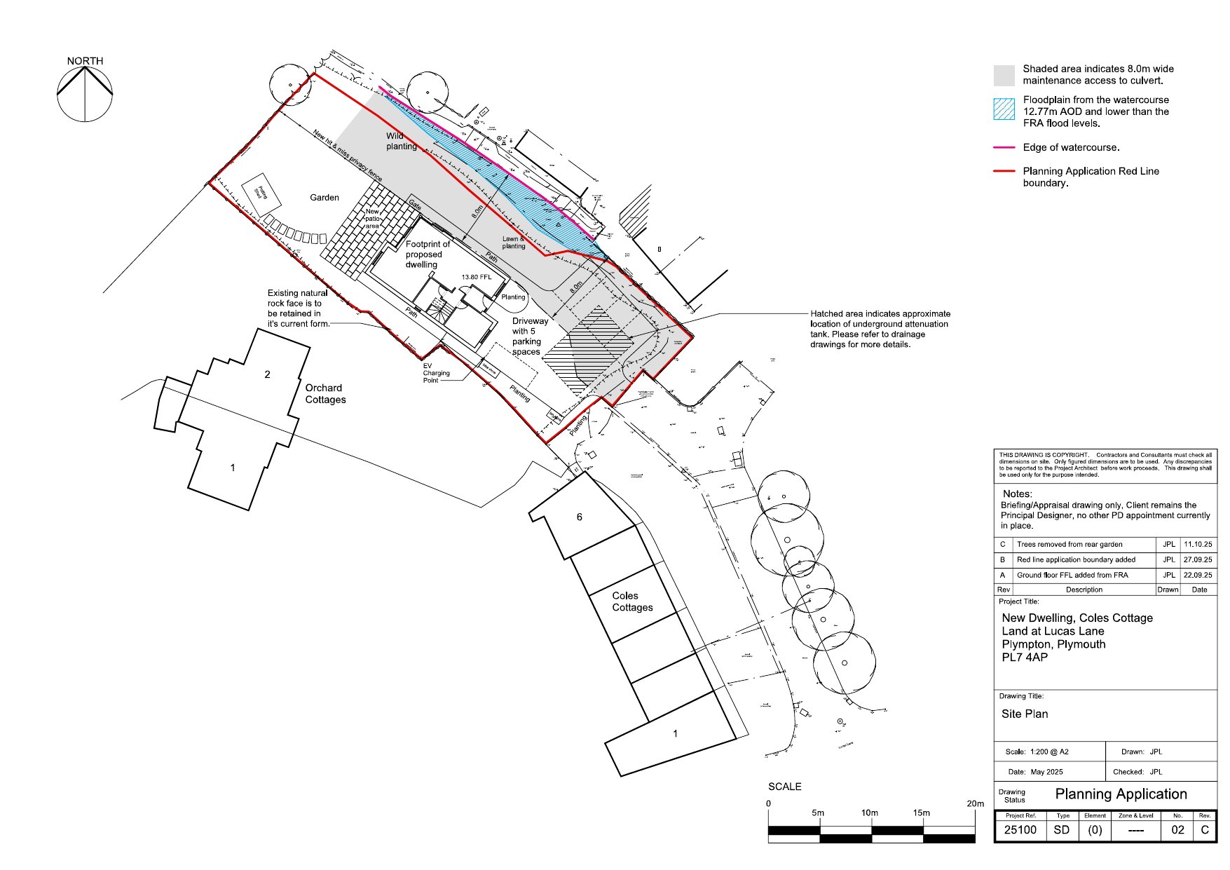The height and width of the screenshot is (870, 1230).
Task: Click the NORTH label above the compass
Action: [x=85, y=61]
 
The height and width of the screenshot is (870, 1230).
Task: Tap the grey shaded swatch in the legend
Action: [x=1004, y=75]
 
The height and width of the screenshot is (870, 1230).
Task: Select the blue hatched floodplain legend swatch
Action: [x=1004, y=109]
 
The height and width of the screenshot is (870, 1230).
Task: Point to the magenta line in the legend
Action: [x=1004, y=148]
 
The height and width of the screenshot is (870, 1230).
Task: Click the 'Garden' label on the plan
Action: [x=324, y=198]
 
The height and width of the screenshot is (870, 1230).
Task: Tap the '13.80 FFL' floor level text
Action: [x=476, y=277]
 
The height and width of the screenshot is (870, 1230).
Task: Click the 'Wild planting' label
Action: [x=401, y=141]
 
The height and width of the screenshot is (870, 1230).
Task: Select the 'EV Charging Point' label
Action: [x=435, y=373]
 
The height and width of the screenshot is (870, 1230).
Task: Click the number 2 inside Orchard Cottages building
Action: [x=267, y=374]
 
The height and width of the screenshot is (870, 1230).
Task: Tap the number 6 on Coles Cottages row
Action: [x=579, y=517]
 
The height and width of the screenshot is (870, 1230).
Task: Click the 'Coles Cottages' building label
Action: [x=631, y=601]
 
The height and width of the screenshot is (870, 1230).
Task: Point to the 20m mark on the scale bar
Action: [x=975, y=803]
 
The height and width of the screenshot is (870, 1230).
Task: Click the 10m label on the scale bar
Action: [x=869, y=813]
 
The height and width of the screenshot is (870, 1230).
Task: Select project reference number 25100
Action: [x=1020, y=830]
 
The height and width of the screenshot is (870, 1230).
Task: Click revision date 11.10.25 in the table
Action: [x=1197, y=544]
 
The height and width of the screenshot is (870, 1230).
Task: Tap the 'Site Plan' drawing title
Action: [x=1024, y=714]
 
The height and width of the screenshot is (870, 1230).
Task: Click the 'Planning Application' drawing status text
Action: [x=1121, y=794]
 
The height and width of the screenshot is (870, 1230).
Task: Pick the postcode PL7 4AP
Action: [x=1024, y=658]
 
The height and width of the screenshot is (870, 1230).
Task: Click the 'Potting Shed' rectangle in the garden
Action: [x=261, y=192]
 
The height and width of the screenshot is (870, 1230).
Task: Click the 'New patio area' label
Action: [x=372, y=219]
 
